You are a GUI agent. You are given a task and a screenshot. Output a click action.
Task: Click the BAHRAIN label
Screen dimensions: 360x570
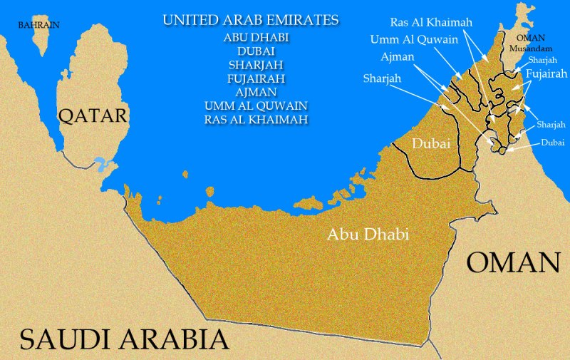point(38,24)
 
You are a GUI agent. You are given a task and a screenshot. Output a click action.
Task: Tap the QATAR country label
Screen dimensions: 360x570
point(93,115)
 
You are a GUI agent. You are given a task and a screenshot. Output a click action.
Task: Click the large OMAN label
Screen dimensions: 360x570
point(513,262)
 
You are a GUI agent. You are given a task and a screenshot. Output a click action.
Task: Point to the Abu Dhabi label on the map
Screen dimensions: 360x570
point(368,234)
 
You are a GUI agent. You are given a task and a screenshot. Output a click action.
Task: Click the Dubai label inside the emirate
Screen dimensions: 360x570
point(431,144)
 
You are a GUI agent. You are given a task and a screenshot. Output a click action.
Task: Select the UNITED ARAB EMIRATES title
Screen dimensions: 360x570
point(251,19)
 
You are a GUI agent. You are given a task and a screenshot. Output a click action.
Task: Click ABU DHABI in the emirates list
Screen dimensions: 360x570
point(255,37)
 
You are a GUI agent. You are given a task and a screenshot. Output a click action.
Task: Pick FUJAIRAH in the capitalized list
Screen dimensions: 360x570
point(255,78)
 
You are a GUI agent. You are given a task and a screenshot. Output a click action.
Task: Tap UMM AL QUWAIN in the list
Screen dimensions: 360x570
point(255,106)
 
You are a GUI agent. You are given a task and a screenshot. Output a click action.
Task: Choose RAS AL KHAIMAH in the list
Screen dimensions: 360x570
point(255,120)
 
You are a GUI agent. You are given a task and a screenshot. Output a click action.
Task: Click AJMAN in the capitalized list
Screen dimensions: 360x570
point(255,93)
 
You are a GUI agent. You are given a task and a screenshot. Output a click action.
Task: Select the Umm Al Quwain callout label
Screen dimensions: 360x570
point(414,39)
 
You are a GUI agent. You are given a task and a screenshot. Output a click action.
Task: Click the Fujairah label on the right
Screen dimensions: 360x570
point(545,73)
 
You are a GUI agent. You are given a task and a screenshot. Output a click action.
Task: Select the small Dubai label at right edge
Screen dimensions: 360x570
point(552,143)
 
